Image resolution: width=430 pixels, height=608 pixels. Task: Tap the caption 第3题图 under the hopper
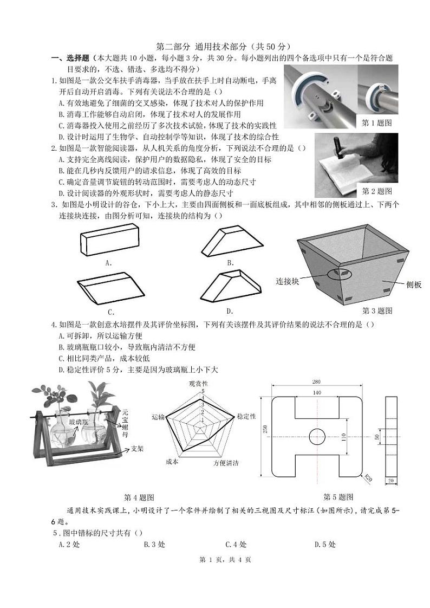point(377,311)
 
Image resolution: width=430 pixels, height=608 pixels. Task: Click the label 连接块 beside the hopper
point(288,281)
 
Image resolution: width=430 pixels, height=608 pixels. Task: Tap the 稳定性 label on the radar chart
point(246,416)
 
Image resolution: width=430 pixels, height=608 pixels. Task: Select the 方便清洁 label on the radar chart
point(226,463)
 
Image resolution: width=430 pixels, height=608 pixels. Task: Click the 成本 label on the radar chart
point(172,462)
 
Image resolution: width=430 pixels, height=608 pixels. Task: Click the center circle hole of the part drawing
point(317,436)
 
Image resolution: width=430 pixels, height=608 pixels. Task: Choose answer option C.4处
point(236,545)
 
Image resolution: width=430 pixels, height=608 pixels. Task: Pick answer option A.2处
point(69,545)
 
